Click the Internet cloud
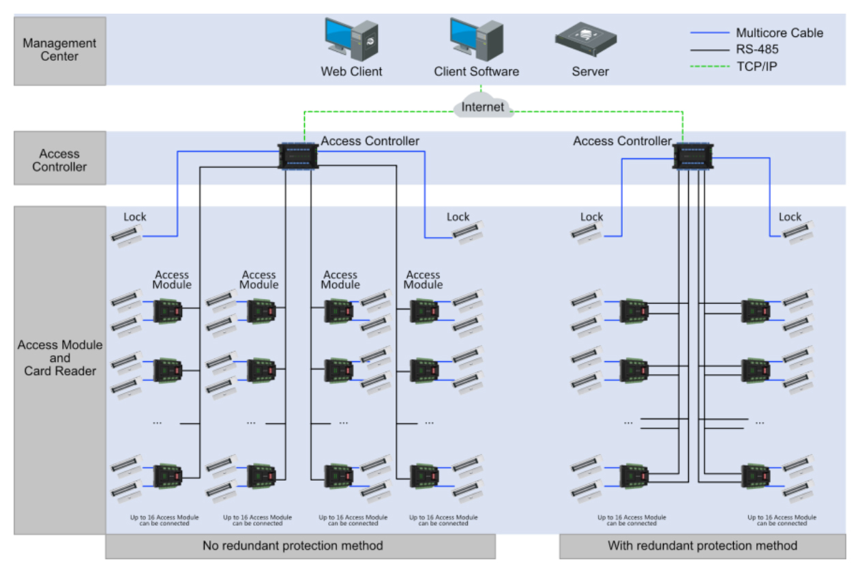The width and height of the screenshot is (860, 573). point(483,107)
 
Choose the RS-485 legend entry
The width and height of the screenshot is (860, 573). point(756,49)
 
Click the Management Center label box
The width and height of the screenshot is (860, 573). point(60,51)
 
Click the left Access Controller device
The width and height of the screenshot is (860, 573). point(299,156)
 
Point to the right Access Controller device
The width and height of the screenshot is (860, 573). point(692,156)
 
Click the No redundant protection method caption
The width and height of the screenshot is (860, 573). point(300,546)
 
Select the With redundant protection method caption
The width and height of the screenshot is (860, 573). point(702,546)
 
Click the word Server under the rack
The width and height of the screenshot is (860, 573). point(590,72)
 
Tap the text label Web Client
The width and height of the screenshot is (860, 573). point(351,72)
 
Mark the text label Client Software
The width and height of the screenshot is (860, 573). point(476,72)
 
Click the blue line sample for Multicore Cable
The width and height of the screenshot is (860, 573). point(709,33)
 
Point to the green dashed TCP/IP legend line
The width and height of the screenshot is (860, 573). point(709,66)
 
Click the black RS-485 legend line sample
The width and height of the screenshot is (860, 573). point(709,49)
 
